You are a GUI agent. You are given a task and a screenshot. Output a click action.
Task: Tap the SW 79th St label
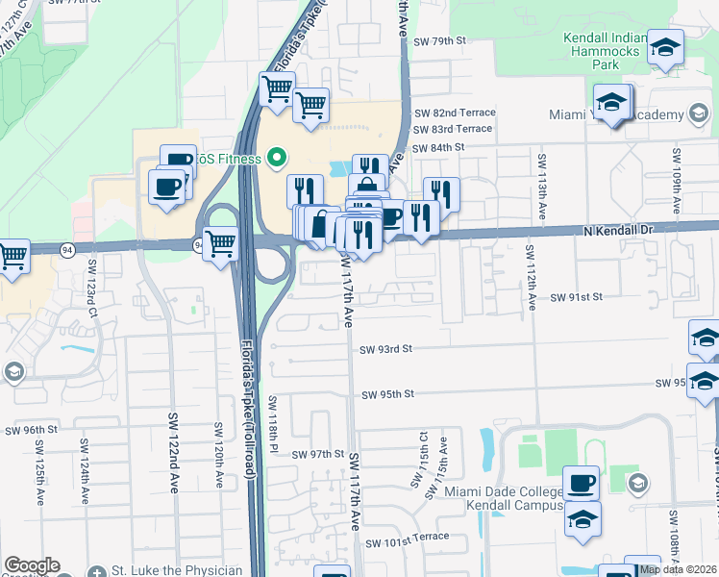[x=439, y=41]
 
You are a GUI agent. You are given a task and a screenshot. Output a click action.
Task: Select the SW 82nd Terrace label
[x=455, y=113]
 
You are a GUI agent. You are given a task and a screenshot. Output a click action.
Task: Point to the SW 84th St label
[x=439, y=147]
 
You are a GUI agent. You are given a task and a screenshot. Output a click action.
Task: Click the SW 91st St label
[x=576, y=298]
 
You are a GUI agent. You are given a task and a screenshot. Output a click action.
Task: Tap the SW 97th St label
[x=318, y=454]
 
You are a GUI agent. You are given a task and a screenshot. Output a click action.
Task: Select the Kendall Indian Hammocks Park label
[x=604, y=51]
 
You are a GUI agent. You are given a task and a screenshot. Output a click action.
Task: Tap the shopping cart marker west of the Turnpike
[x=220, y=242]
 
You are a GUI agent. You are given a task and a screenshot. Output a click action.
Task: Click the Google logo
[x=32, y=565]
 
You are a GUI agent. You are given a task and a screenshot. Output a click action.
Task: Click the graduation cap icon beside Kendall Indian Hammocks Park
[x=664, y=47]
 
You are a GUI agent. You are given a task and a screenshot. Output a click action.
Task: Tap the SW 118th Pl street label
[x=273, y=424]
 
